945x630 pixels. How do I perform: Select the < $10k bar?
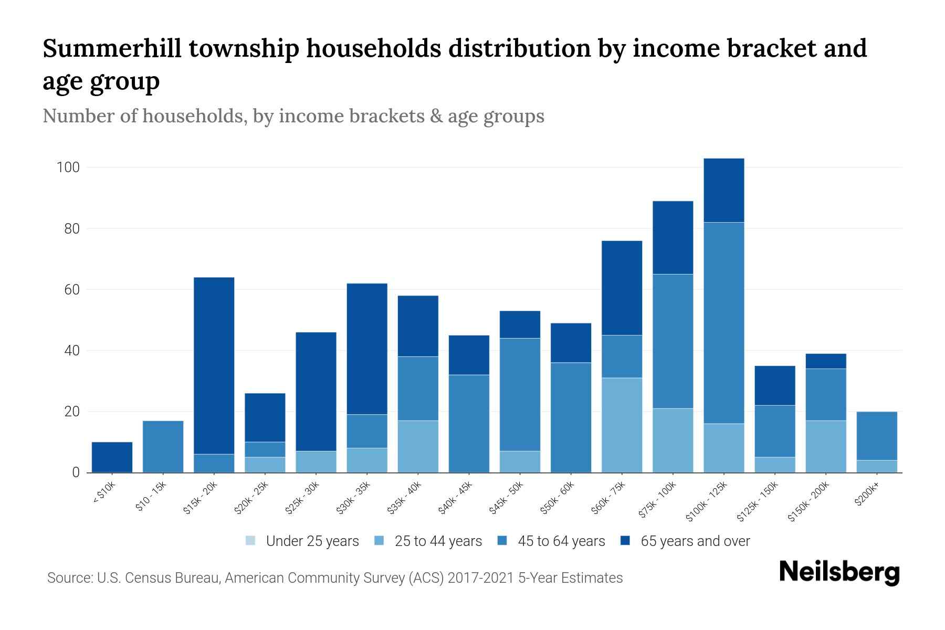pos(112,457)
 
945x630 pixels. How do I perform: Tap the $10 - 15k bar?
pos(163,447)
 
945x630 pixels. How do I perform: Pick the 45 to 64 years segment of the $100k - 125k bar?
pos(723,323)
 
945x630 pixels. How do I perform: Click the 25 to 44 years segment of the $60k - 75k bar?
pos(622,425)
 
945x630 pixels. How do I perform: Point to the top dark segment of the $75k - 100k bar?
pos(673,237)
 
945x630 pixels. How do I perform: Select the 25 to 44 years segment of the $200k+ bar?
pos(876,466)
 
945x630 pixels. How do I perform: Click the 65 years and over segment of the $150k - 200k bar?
pos(825,361)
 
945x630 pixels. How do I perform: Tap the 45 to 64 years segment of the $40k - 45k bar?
pos(469,423)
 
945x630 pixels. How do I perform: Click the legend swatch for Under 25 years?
pos(251,541)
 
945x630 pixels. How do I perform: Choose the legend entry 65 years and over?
pos(695,541)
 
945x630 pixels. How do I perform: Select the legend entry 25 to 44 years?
pos(438,541)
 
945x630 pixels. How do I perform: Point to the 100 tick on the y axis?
pos(68,167)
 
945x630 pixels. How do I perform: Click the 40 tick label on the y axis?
pos(71,351)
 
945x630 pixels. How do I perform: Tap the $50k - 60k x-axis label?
pos(558,498)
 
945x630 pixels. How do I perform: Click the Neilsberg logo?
pos(839,572)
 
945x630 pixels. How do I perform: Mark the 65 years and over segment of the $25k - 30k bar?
pos(316,392)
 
